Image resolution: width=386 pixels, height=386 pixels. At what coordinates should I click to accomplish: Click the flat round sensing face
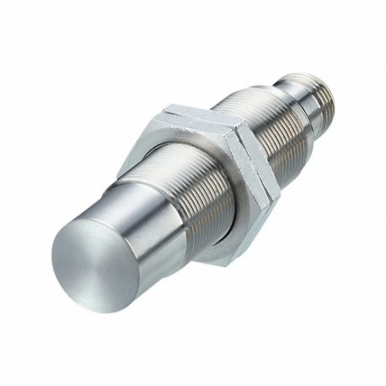tap(92, 262)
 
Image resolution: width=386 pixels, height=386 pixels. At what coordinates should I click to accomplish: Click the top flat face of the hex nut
tap(202, 118)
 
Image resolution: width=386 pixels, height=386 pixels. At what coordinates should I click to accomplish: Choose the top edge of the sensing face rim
tap(84, 221)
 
